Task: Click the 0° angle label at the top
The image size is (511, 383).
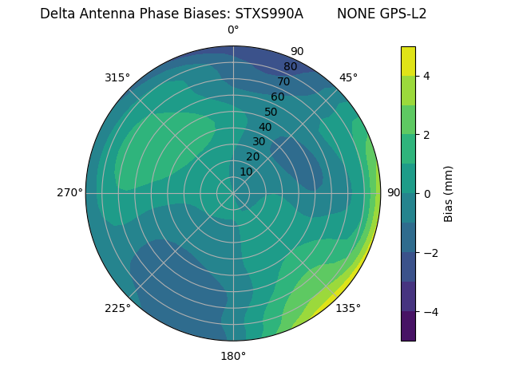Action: [x=233, y=30]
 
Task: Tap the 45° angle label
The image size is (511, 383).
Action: [x=348, y=77]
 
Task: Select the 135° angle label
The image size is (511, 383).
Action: [x=348, y=308]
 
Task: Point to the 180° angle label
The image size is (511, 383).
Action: [x=233, y=356]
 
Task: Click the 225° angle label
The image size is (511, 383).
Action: [x=117, y=308]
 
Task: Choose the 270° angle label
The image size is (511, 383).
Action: [x=69, y=193]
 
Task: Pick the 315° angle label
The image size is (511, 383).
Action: [x=117, y=77]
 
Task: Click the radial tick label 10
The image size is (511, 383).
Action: [x=246, y=172]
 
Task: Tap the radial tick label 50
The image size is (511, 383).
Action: [x=271, y=112]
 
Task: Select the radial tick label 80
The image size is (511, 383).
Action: [x=290, y=66]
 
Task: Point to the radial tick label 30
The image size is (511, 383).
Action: [x=259, y=142]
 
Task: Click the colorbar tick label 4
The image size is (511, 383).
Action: [x=427, y=76]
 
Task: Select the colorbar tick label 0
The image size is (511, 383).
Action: [x=427, y=194]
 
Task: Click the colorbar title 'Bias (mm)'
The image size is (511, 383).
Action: [x=449, y=194]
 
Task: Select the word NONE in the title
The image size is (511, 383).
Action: [x=354, y=14]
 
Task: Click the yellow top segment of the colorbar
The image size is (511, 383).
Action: [x=408, y=61]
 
